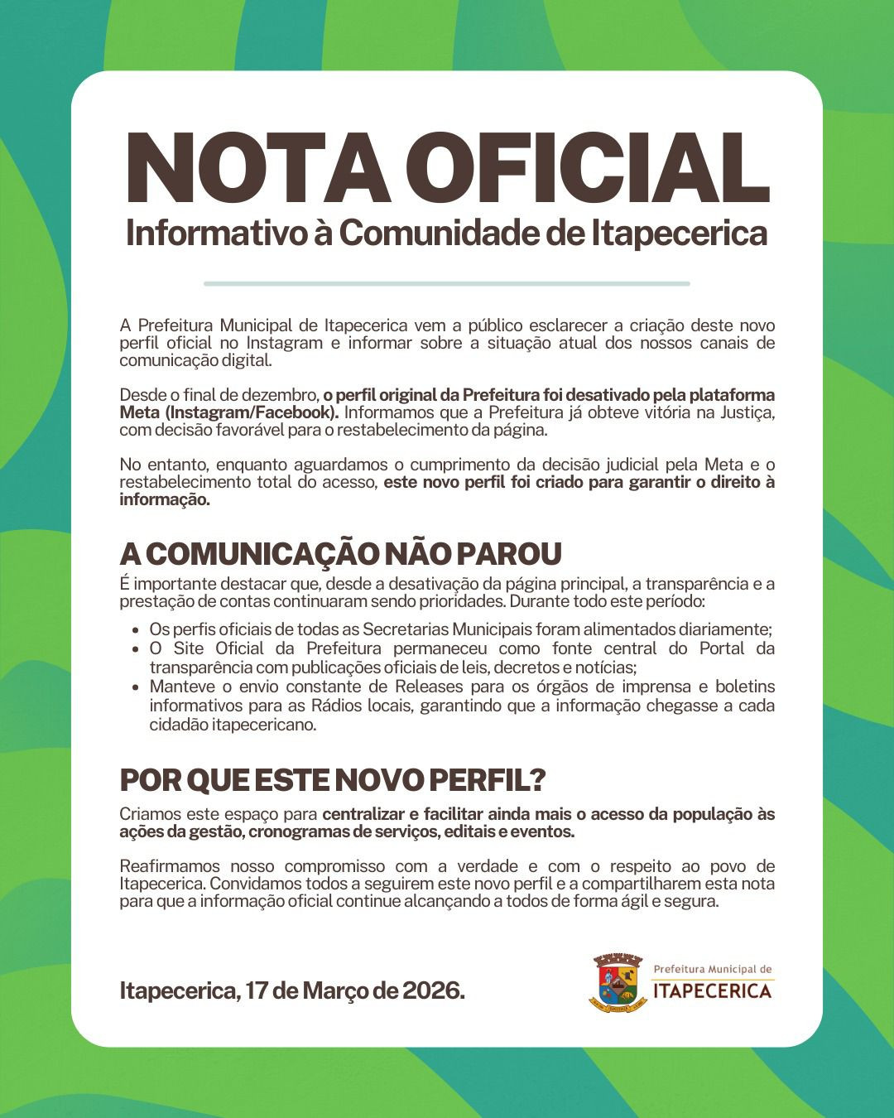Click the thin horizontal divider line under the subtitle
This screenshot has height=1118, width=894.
(446, 283)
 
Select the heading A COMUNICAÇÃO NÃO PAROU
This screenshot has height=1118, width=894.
(340, 553)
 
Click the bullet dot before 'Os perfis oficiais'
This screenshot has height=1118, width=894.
(135, 630)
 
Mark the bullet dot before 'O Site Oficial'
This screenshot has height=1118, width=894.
(135, 649)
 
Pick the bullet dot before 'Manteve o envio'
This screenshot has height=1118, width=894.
(135, 687)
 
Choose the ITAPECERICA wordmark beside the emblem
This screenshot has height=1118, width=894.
(712, 990)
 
